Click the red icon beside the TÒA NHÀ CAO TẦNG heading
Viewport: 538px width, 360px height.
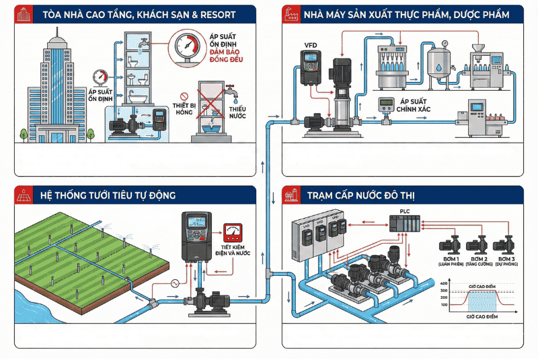(26, 14)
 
